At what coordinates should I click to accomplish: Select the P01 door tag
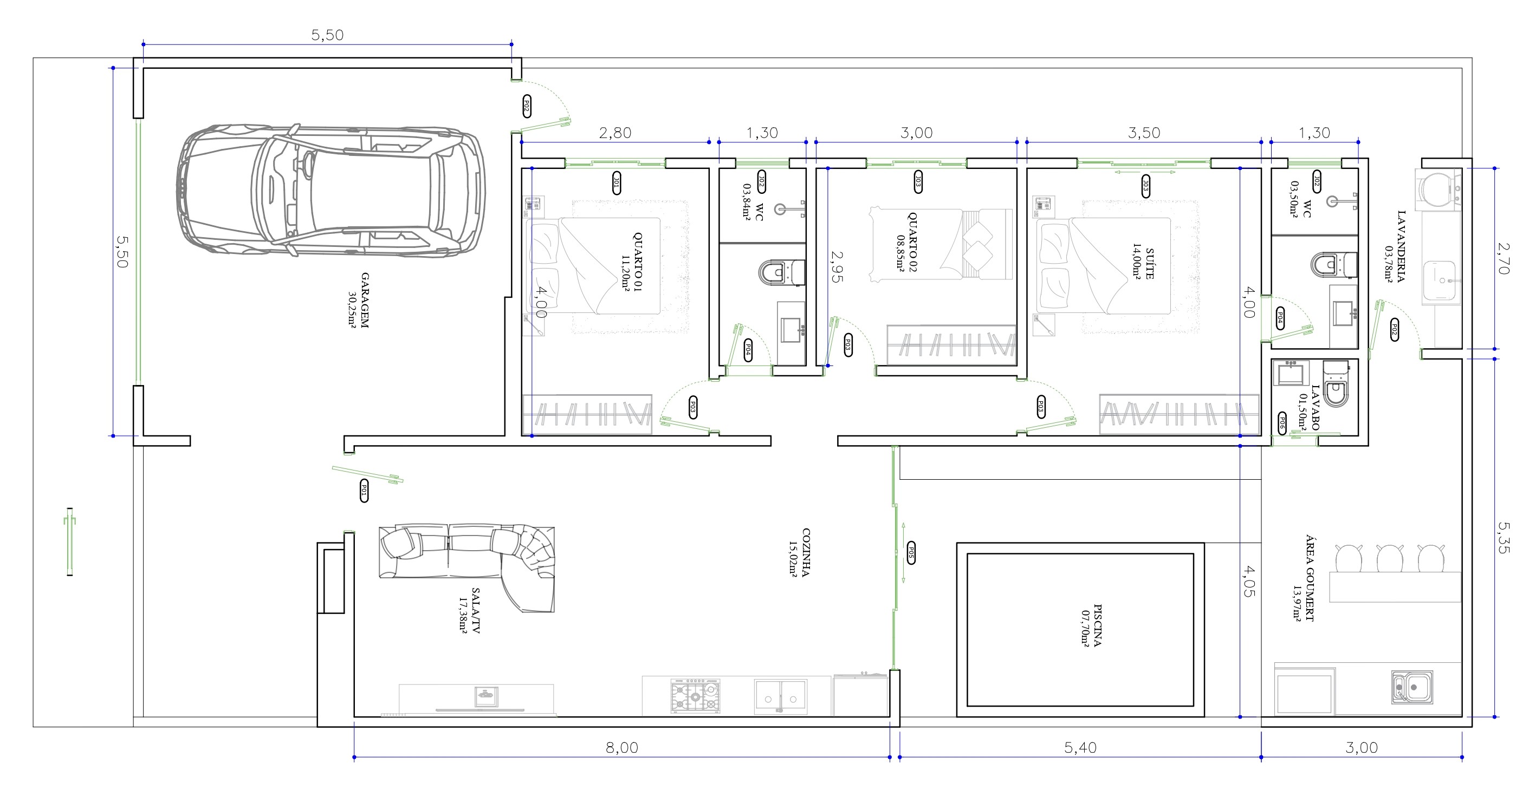pos(364,491)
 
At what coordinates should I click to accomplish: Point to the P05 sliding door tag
pos(911,553)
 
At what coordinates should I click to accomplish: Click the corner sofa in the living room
pos(467,567)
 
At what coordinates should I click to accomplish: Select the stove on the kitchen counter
pos(695,695)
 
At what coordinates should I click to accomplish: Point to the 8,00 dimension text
pos(621,747)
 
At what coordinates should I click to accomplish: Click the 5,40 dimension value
pos(1080,747)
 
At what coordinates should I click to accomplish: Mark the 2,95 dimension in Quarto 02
pos(837,267)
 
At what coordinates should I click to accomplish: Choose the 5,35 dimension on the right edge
pos(1503,537)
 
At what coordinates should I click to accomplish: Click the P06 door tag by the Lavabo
pos(1281,423)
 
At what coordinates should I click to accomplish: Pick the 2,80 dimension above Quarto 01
pos(615,133)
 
